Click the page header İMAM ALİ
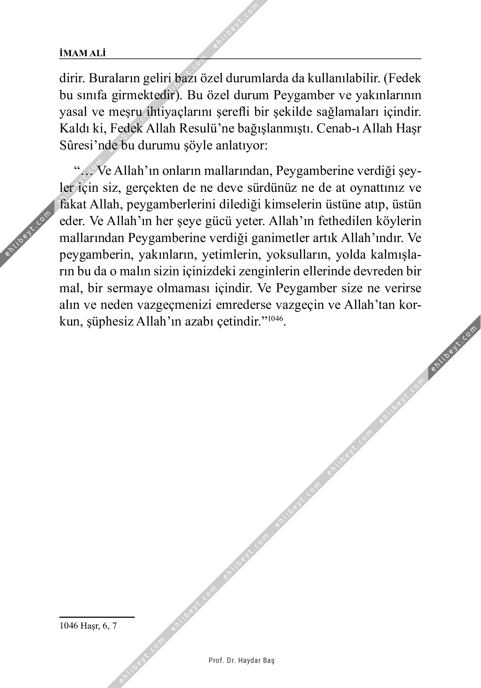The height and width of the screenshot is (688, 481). (83, 53)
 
